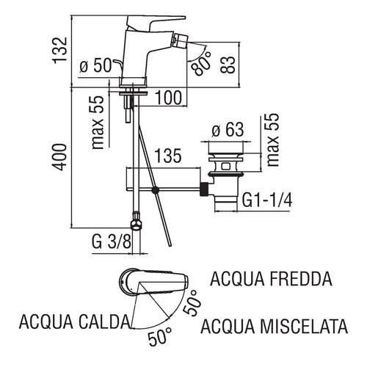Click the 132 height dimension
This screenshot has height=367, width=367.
coord(59,51)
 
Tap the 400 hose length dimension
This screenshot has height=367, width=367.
coord(59,157)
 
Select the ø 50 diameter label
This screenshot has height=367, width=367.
coord(95,65)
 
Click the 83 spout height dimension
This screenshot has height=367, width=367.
coord(228,65)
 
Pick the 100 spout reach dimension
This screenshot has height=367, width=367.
coord(169,98)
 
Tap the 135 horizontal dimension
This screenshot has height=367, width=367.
coord(168,156)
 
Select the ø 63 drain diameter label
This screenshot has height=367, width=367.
coord(228,129)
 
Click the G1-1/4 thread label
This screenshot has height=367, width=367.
coord(267,200)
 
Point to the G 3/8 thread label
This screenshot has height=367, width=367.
coord(112,242)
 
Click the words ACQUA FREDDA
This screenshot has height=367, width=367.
coord(271,279)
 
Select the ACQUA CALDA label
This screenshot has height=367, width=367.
coord(74,321)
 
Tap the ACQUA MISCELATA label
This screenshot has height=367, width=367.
coord(274,327)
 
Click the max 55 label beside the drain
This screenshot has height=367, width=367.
coord(273,140)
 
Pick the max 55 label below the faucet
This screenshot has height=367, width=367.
coord(98,122)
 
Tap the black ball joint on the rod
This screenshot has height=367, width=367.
coord(155,189)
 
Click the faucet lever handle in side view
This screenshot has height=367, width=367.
coord(156,21)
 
